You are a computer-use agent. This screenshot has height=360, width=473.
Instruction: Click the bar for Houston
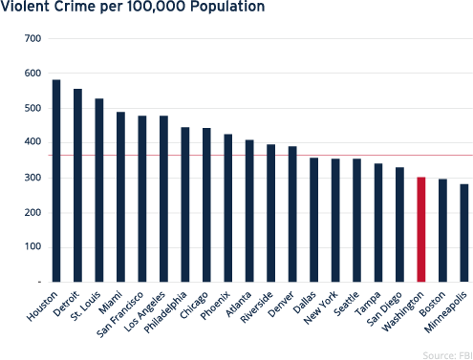56,180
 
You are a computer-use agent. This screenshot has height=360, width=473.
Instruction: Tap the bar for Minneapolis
464,233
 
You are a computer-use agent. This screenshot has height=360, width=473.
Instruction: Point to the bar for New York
335,221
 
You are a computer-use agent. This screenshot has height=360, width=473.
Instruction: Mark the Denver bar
292,214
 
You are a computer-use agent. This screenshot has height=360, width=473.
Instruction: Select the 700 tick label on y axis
33,38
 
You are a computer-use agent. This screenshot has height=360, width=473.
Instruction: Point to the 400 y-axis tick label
33,143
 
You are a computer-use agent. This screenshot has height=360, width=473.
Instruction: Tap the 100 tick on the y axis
33,248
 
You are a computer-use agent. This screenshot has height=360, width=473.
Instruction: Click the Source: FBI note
448,352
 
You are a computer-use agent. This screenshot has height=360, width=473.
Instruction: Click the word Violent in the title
22,8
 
